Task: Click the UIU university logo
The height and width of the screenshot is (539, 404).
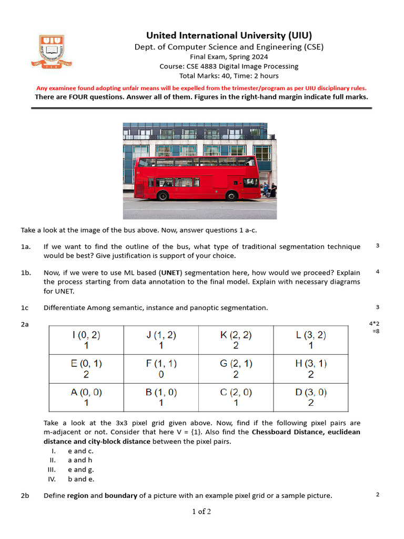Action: pyautogui.click(x=52, y=51)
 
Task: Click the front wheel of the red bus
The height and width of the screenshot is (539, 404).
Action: pyautogui.click(x=231, y=196)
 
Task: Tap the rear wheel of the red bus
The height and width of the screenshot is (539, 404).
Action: pyautogui.click(x=163, y=196)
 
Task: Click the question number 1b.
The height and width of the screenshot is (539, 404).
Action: pyautogui.click(x=25, y=273)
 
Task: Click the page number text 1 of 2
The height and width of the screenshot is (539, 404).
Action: pyautogui.click(x=201, y=511)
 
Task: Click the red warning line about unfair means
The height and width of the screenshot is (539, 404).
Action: pyautogui.click(x=201, y=88)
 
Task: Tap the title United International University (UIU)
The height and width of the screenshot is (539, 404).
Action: pyautogui.click(x=229, y=36)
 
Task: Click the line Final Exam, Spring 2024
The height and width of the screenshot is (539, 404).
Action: pyautogui.click(x=229, y=57)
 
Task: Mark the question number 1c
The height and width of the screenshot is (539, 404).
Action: pyautogui.click(x=25, y=307)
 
